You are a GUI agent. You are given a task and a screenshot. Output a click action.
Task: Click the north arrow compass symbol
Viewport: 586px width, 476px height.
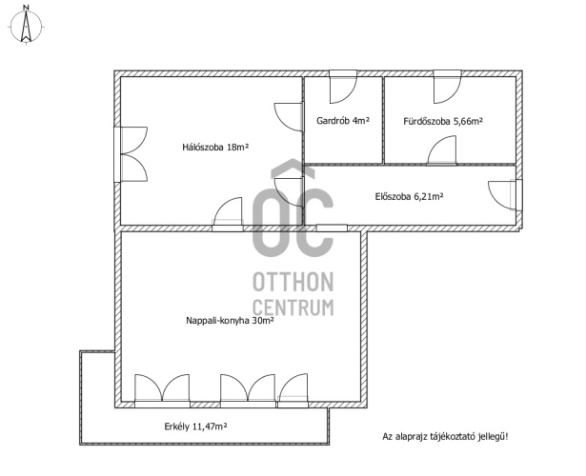26,25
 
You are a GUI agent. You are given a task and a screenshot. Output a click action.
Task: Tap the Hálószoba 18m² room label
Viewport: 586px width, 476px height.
215,148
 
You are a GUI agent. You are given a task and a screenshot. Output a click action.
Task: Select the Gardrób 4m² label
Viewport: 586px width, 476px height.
343,121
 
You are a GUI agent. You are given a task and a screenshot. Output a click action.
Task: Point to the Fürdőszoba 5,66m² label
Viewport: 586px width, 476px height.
443,121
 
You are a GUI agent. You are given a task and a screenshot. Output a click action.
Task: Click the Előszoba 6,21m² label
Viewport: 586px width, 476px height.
409,196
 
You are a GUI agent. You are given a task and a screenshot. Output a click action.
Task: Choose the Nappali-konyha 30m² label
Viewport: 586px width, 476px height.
230,320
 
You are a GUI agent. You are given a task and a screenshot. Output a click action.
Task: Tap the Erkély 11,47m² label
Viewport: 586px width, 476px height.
196,426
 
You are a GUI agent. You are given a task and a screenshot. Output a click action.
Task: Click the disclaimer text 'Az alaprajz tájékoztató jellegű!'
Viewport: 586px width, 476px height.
445,436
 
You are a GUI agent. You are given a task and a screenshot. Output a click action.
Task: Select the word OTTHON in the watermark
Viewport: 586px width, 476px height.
293,282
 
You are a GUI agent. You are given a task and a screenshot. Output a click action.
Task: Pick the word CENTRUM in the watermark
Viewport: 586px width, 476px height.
293,307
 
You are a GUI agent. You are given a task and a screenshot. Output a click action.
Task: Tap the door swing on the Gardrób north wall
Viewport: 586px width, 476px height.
343,87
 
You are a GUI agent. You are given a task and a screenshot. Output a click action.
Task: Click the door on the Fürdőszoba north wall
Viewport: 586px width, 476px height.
447,87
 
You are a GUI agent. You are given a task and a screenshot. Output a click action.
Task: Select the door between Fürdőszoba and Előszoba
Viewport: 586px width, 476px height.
442,150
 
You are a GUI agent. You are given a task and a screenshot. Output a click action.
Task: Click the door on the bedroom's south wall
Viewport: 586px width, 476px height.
228,214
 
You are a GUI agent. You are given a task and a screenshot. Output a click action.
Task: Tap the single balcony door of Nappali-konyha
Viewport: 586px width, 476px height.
293,390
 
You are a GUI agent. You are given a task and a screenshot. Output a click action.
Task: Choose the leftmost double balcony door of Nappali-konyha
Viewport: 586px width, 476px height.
162,390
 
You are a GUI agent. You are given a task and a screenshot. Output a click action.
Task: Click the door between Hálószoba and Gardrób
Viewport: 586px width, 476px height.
290,117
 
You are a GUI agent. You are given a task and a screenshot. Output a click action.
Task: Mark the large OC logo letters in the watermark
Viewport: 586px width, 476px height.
293,208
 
